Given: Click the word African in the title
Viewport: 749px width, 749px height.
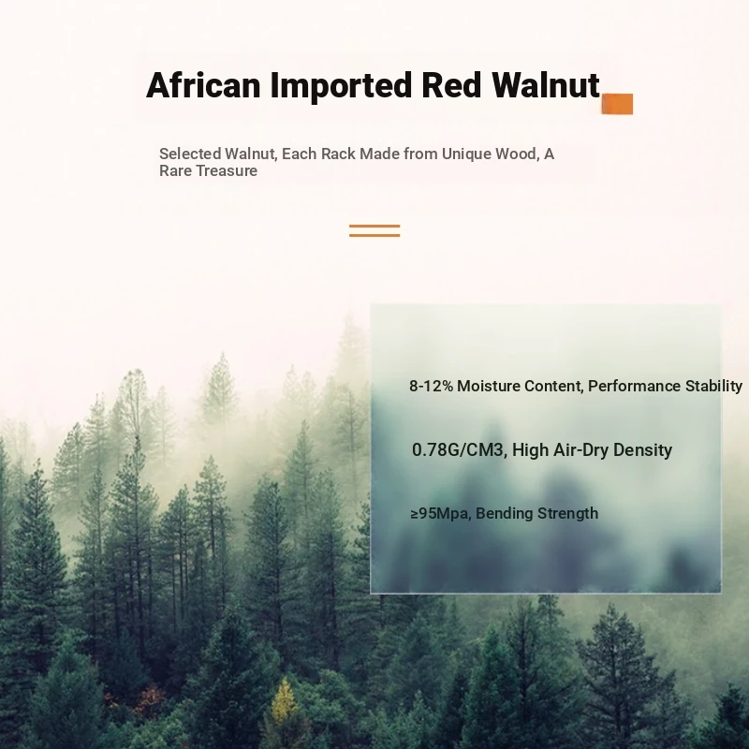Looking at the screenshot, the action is [203, 85].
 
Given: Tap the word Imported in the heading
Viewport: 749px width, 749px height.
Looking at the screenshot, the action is [341, 86].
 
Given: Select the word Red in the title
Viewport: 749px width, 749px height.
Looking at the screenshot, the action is [451, 85].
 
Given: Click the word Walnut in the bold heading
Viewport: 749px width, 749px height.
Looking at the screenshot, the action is [546, 85].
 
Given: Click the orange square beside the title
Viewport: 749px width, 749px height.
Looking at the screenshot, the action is [617, 104].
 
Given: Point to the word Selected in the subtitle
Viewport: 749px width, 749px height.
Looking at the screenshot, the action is [190, 154].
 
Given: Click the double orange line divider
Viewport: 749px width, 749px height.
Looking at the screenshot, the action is [374, 230].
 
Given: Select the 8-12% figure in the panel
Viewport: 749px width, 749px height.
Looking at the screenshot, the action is [432, 386].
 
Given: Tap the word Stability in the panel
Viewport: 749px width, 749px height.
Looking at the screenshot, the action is [713, 387].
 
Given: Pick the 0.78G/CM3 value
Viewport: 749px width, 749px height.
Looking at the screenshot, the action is [459, 450].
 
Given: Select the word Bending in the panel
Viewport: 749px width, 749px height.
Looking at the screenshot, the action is [504, 514].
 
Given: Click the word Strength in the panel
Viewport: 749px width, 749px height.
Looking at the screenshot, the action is [568, 514].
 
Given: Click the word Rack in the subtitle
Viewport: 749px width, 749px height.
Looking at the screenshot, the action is [338, 154].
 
